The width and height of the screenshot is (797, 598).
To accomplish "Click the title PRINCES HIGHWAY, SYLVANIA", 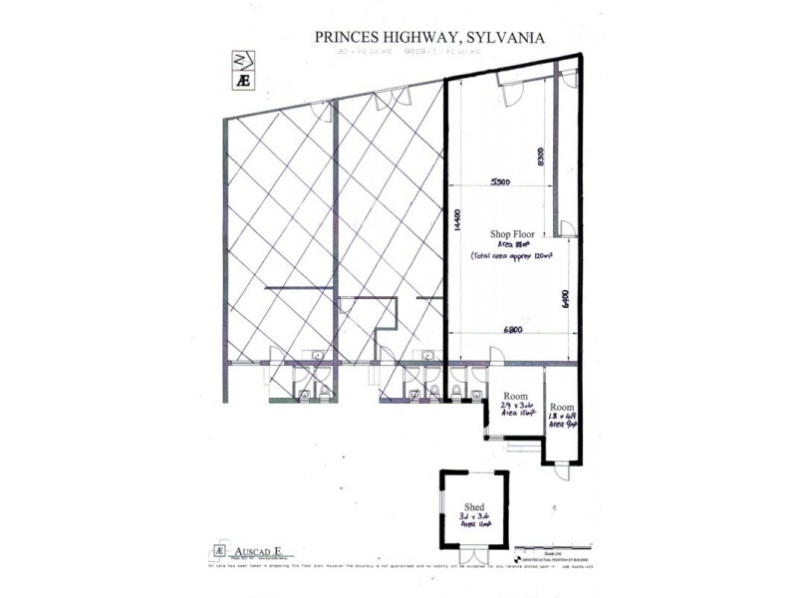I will tap(429, 36).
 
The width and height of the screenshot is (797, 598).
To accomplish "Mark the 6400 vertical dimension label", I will tap(565, 299).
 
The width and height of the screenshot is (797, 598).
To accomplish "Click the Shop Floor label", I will tap(512, 234).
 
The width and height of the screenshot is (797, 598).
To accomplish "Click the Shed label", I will tap(473, 507).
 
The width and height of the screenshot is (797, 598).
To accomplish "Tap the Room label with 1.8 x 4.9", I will tap(563, 408).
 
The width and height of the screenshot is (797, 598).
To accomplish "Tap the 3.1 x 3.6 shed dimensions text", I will tap(473, 518).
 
